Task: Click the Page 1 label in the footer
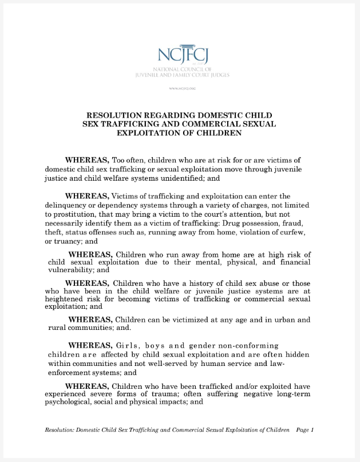(x=305, y=429)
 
